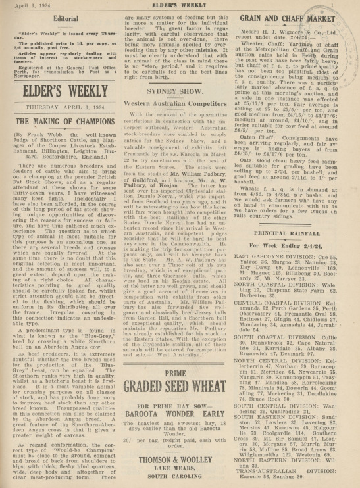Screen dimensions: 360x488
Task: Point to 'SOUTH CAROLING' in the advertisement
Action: pyautogui.click(x=179, y=472)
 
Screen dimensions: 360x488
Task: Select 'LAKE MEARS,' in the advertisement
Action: pyautogui.click(x=179, y=462)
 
